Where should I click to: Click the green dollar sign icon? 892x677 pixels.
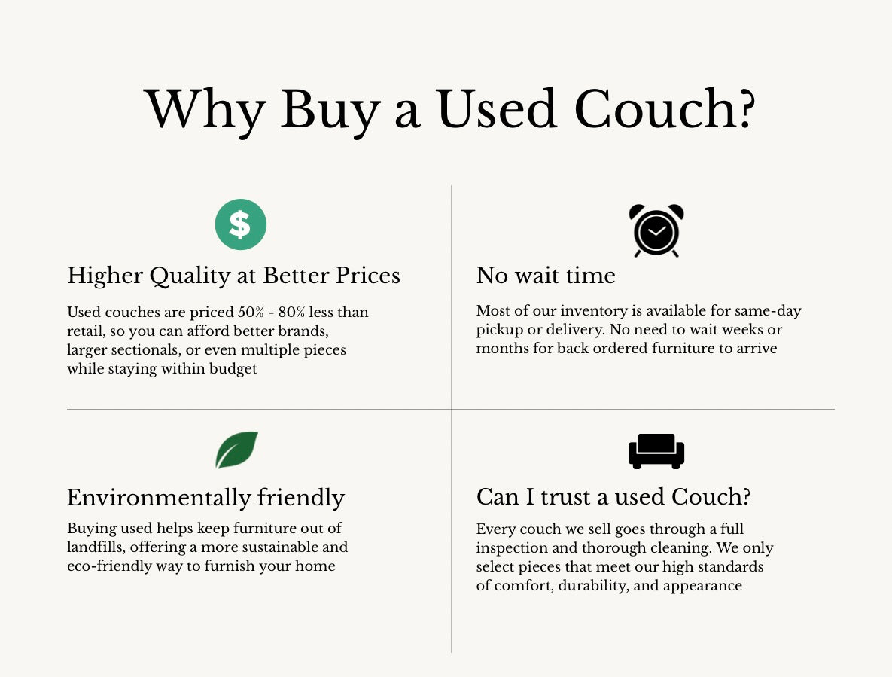coord(241,224)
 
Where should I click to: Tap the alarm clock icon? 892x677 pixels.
coord(656,230)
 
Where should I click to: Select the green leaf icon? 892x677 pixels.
coord(236,450)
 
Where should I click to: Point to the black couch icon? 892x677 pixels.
coord(656,451)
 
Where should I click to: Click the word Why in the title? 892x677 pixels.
coord(205,109)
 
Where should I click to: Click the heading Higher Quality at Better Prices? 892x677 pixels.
coord(234,276)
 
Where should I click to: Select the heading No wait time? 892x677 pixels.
coord(546,276)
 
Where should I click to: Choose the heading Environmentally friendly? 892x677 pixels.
coord(206,497)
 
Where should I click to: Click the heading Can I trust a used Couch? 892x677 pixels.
coord(613,497)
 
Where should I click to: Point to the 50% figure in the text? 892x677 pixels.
coord(251,312)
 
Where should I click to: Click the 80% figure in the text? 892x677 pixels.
coord(292,312)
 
